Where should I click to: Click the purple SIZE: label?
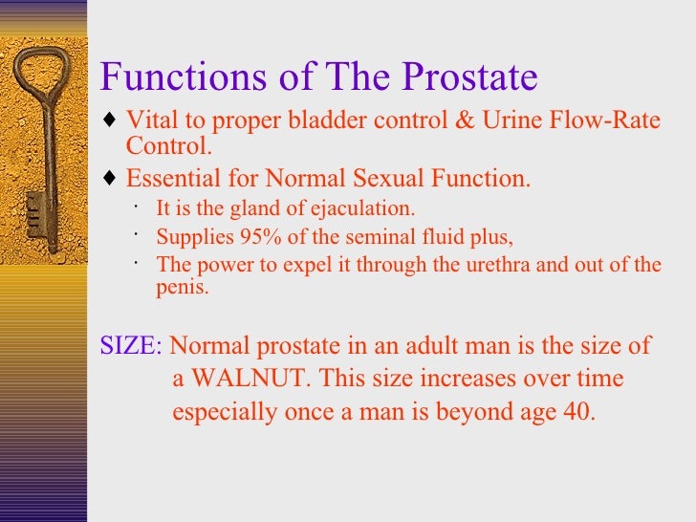(131, 346)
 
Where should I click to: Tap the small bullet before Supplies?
(139, 234)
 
